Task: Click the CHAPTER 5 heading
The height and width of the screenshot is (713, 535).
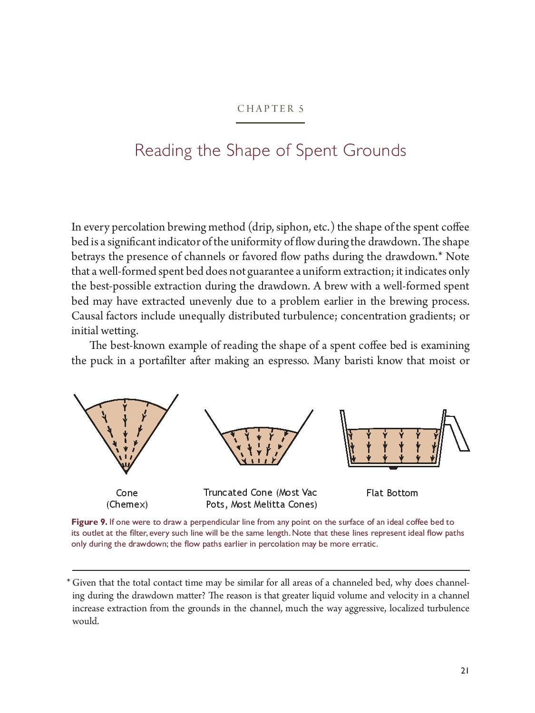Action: point(271,109)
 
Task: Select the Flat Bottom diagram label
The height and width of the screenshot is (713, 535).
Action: point(392,493)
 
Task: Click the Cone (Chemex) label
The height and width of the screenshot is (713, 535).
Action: point(127,498)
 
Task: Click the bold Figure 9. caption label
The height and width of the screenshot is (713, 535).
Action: point(89,521)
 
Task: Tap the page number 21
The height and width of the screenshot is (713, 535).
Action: point(465,671)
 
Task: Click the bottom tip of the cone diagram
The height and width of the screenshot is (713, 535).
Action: point(126,472)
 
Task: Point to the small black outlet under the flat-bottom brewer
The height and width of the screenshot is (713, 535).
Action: point(393,468)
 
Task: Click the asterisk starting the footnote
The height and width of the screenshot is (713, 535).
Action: point(68,581)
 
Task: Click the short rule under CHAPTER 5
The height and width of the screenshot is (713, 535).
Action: point(270,123)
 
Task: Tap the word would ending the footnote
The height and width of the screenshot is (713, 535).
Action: point(85,621)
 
